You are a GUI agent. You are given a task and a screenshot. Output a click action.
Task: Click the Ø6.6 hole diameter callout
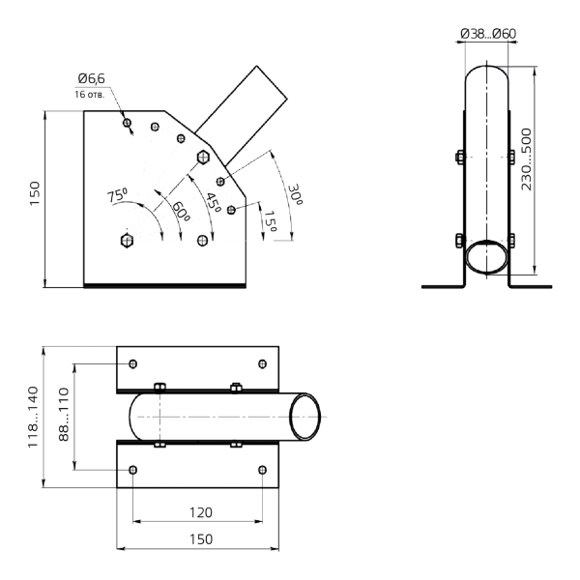[88, 84]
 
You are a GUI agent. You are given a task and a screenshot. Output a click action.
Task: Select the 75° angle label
[117, 196]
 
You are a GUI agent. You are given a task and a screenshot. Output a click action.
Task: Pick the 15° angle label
[271, 224]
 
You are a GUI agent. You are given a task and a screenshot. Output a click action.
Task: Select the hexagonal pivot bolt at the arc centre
[130, 240]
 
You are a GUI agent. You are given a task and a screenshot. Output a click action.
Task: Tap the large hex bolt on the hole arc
[203, 156]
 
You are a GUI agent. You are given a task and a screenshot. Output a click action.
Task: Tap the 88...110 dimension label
[66, 417]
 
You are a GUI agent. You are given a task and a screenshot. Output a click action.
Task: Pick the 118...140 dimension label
[36, 417]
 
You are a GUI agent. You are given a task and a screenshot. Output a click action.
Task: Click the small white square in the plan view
[124, 477]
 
